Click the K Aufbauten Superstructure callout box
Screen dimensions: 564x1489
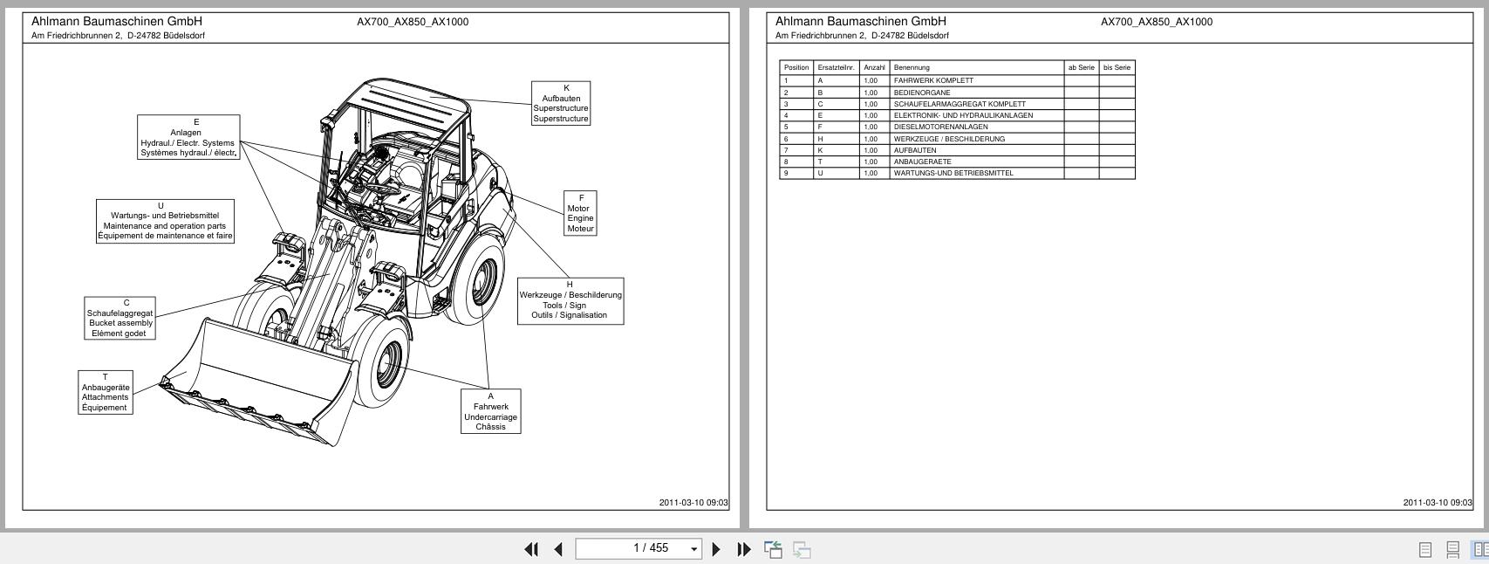(561, 103)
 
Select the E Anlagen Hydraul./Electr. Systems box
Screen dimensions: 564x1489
(188, 137)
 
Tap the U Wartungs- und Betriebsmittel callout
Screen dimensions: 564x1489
(165, 221)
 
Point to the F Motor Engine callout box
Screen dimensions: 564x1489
(580, 213)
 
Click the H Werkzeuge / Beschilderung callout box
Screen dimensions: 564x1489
(570, 300)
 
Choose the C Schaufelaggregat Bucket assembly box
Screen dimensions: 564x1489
(120, 318)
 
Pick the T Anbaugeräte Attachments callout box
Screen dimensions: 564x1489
(106, 392)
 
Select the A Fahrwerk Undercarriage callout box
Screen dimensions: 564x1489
(490, 410)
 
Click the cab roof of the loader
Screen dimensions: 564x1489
(410, 100)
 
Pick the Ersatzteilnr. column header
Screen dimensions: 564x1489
(836, 67)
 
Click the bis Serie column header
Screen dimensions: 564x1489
(1117, 67)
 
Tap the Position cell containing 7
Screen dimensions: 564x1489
(796, 150)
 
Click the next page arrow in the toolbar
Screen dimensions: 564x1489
(716, 549)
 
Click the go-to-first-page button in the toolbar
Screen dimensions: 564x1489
(530, 549)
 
